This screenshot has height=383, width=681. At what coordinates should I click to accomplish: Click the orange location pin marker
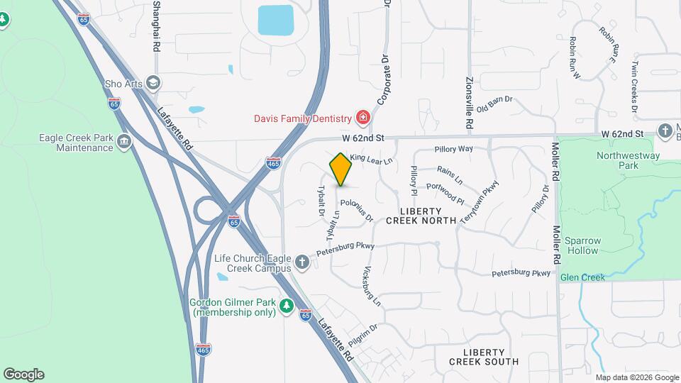coord(340,170)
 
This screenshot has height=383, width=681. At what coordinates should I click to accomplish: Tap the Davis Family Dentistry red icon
coord(362,116)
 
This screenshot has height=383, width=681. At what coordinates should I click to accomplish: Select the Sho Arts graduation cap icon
coord(152,83)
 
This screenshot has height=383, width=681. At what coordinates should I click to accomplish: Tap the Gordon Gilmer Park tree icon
coord(286,306)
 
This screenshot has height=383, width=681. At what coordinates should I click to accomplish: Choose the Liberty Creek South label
coord(484,357)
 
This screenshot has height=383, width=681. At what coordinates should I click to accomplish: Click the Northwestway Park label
coord(628,160)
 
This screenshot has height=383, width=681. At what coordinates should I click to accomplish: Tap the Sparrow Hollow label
coord(583,245)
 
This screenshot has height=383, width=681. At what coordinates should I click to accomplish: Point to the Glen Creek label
coord(582,277)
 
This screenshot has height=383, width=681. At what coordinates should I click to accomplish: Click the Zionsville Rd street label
coord(469,102)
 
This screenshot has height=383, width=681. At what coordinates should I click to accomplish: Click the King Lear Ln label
coord(371,160)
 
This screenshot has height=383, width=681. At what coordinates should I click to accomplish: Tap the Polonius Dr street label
coord(357,210)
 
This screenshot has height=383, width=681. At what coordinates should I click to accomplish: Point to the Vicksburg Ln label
coord(372,286)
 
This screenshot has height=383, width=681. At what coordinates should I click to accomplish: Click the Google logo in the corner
coord(23,374)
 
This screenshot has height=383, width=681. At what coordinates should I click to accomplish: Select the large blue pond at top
coord(276,21)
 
